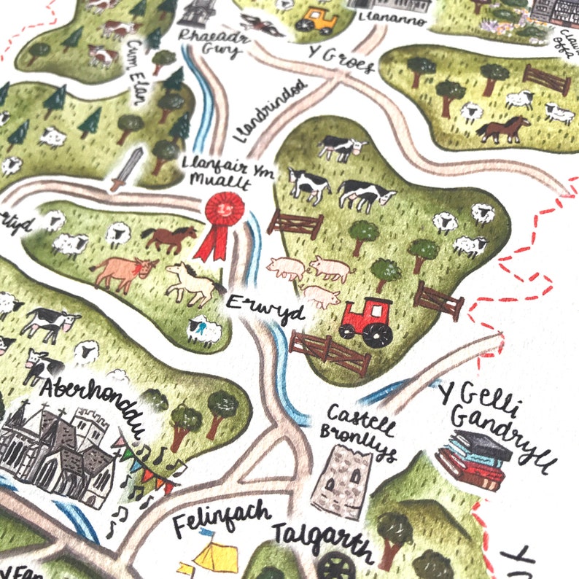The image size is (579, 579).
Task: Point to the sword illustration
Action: pos(125,168)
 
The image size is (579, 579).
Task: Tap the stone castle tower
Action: pos(337,481)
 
